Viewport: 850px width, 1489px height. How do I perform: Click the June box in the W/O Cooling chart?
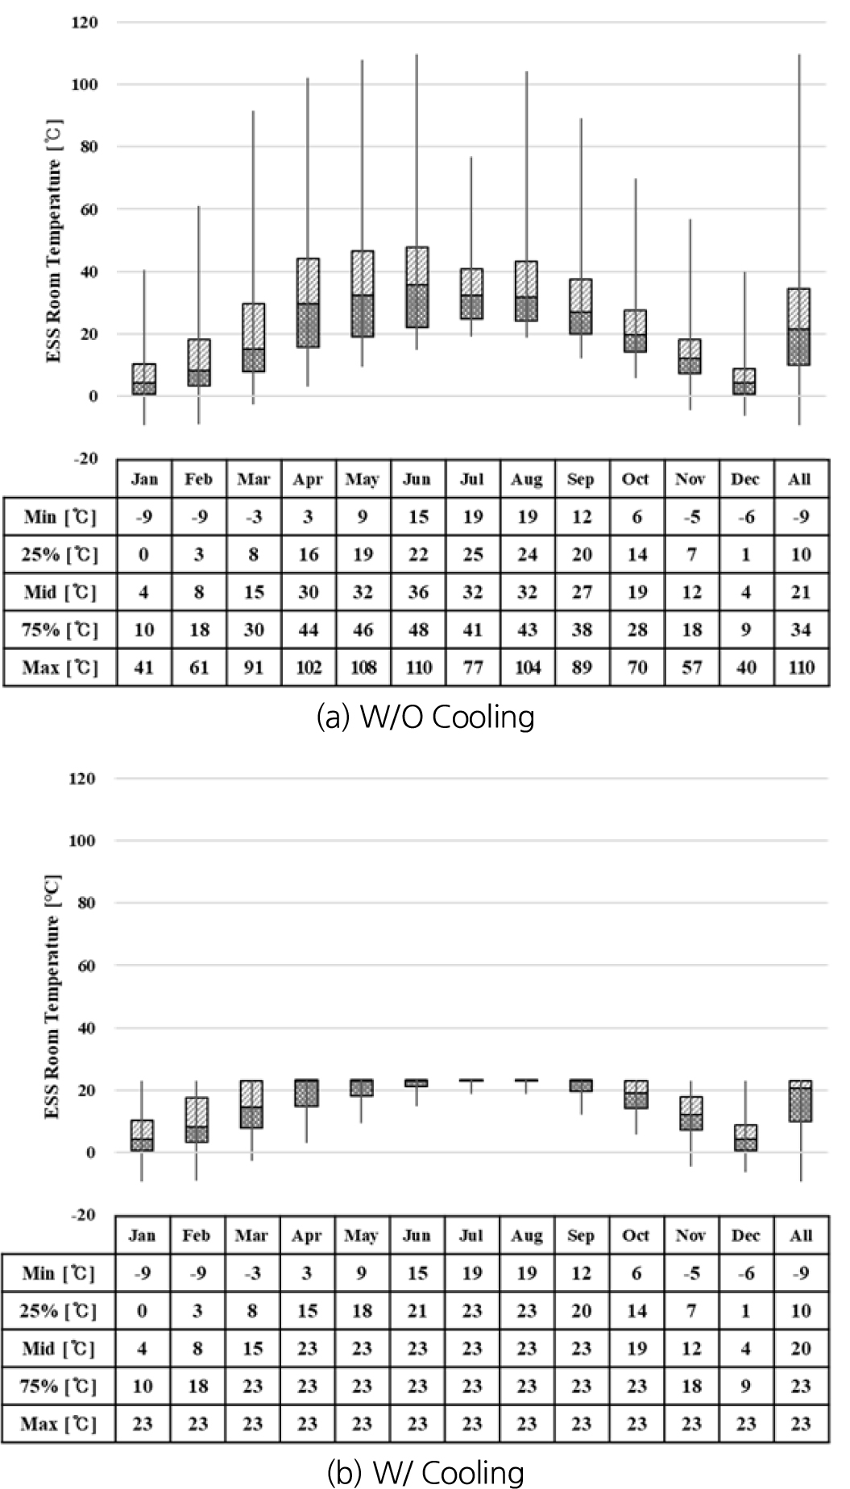(417, 287)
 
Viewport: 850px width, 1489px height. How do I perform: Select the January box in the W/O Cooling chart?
(144, 379)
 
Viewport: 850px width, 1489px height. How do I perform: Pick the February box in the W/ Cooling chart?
(197, 1119)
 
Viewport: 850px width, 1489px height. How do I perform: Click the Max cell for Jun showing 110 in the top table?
(418, 668)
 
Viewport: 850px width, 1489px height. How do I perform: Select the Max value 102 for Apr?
(309, 668)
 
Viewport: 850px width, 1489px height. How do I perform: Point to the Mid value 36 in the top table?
(418, 593)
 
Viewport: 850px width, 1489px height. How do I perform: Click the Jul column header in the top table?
(472, 479)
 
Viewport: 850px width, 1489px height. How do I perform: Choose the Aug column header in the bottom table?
(526, 1235)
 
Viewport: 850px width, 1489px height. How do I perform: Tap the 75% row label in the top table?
(60, 630)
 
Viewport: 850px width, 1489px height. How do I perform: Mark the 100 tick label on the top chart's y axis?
(84, 85)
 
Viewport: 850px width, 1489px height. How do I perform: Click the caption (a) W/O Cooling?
(425, 717)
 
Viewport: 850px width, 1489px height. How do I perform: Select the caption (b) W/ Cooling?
(425, 1473)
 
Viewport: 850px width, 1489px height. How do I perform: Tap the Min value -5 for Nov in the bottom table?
(690, 1273)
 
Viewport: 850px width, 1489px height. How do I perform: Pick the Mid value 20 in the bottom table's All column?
(800, 1349)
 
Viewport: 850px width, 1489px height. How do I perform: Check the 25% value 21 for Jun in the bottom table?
(417, 1311)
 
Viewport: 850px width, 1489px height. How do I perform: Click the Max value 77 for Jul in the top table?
(473, 668)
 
